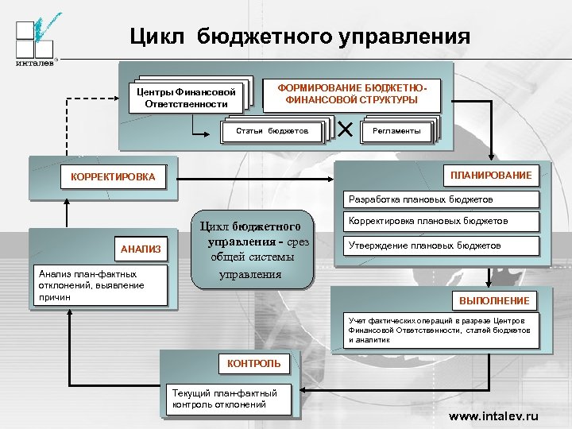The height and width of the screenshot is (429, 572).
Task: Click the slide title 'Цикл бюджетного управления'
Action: (x=300, y=37)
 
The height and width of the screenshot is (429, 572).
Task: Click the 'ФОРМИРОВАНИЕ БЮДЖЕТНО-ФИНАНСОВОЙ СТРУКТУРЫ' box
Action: (x=351, y=93)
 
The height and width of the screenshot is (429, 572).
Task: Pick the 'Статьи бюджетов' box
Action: (x=272, y=130)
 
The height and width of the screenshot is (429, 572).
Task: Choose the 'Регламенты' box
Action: (x=397, y=130)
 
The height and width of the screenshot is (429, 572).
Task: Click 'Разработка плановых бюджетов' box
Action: (x=442, y=199)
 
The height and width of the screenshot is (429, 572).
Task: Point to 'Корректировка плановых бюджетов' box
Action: (x=442, y=221)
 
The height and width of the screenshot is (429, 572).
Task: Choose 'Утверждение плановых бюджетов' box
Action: (x=442, y=245)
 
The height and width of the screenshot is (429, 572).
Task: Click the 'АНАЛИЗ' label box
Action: (x=141, y=249)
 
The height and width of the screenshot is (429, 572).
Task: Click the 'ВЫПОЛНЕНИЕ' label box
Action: (x=493, y=300)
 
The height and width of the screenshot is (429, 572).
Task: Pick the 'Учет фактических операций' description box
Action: (x=442, y=330)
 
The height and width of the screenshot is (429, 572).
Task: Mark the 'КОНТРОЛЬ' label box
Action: (x=254, y=364)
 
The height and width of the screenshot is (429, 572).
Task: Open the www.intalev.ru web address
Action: (x=493, y=416)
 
